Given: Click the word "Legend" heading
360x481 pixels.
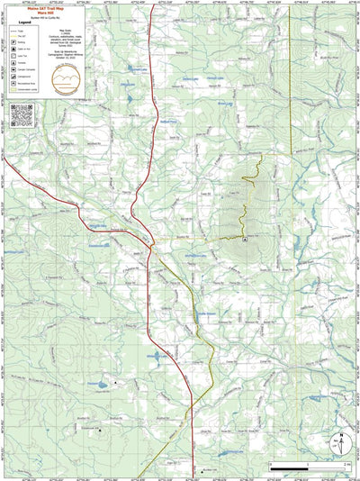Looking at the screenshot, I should coord(25,23).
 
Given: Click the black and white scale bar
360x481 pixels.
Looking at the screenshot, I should coord(307,466).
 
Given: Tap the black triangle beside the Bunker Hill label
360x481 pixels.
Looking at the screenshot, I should coord(115,385).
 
